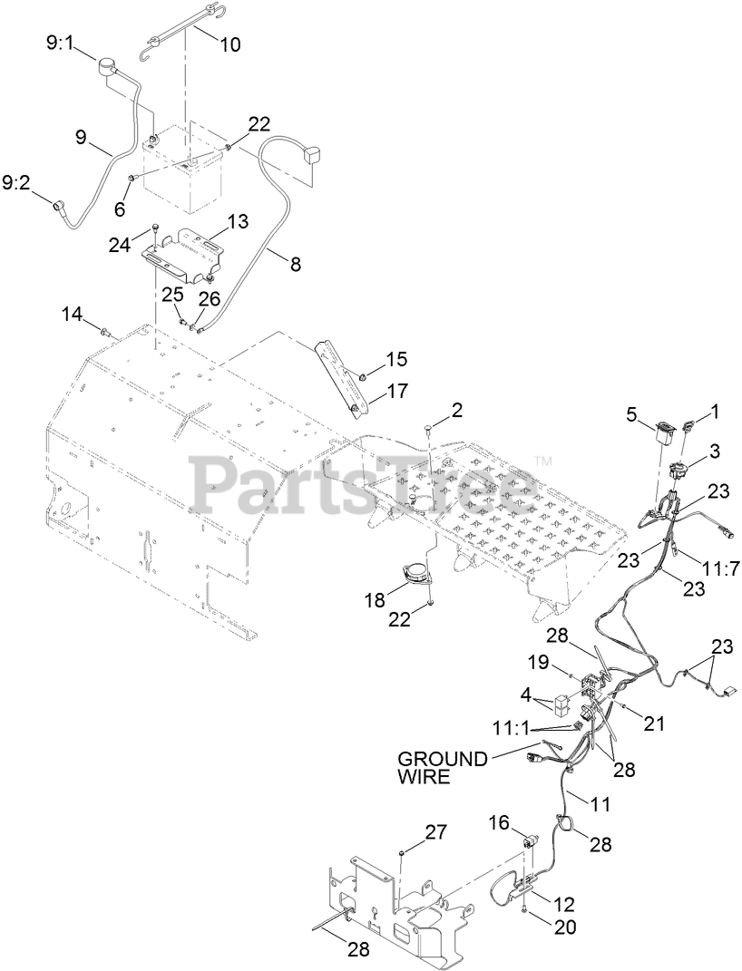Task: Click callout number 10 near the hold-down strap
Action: [230, 43]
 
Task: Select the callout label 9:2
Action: [17, 183]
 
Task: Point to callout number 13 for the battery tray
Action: [237, 220]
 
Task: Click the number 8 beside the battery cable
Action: [295, 264]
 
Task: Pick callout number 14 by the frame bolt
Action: [72, 314]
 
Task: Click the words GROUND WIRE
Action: [444, 767]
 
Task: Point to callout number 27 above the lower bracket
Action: [436, 832]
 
